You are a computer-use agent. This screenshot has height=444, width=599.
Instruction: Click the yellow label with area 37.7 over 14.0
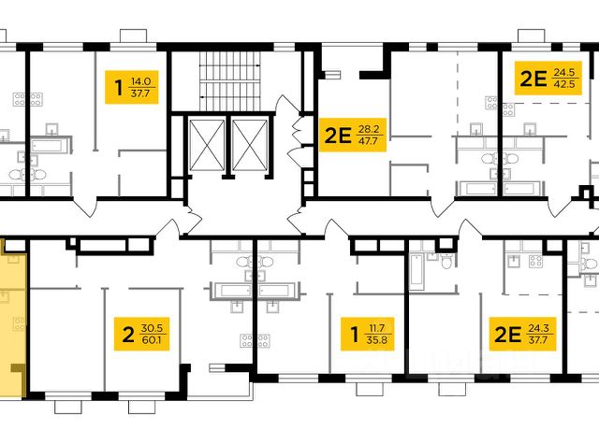[131, 87]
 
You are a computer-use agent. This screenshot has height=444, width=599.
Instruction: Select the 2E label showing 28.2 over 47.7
[353, 135]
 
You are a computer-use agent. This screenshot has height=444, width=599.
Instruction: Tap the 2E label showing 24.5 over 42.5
[548, 79]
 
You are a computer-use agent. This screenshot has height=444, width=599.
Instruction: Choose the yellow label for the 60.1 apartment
[141, 334]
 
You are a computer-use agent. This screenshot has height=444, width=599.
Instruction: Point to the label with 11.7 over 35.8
[367, 334]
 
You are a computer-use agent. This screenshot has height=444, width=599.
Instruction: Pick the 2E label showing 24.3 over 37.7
[523, 334]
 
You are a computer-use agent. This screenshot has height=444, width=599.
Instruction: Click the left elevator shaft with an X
[207, 145]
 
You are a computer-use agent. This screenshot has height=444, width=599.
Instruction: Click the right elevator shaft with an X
[250, 145]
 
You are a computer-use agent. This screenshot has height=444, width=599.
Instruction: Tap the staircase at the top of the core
[230, 81]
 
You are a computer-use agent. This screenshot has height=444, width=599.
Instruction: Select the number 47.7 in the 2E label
[368, 141]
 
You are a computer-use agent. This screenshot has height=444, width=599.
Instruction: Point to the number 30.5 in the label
[152, 328]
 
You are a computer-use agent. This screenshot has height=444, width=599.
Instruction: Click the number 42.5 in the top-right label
[564, 84]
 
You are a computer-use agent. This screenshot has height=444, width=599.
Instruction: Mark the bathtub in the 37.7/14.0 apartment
[50, 145]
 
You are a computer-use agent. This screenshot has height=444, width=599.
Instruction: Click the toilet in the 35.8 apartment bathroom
[446, 261]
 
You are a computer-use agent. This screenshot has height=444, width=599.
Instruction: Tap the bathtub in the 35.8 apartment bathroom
[416, 272]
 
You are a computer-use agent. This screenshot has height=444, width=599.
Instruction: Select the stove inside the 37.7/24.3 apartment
[535, 262]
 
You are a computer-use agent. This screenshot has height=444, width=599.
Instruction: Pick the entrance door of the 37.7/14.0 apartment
[85, 207]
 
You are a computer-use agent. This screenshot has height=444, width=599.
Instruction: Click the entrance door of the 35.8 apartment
[337, 229]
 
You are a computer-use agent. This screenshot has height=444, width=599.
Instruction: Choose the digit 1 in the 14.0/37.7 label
[119, 87]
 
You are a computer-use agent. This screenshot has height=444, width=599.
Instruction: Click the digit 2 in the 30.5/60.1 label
[128, 334]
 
